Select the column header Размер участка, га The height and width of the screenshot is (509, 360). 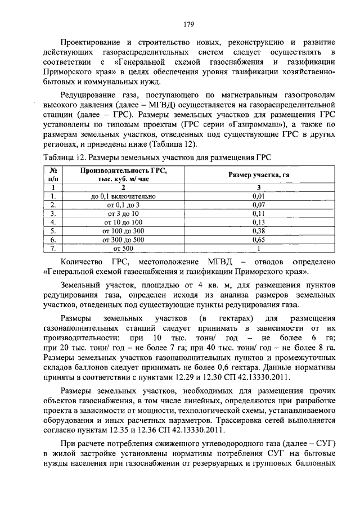(x=258, y=175)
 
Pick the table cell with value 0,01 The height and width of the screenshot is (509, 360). (x=258, y=196)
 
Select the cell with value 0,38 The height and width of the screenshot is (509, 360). (x=258, y=230)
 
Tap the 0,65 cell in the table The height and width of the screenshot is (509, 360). (x=258, y=238)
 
